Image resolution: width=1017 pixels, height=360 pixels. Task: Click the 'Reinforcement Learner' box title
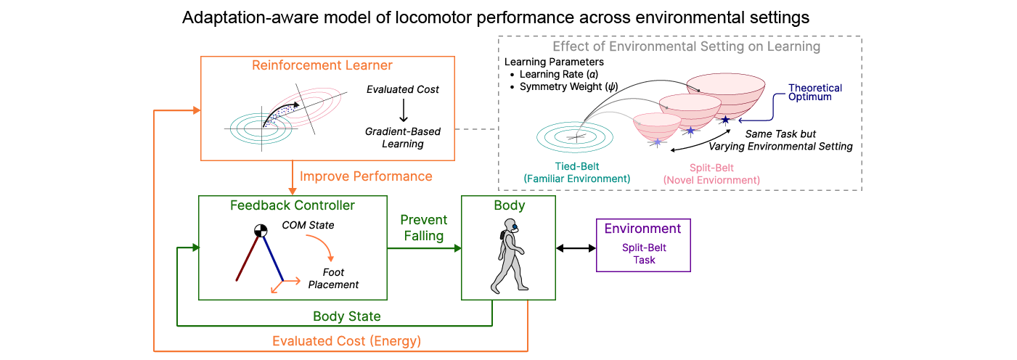pos(322,65)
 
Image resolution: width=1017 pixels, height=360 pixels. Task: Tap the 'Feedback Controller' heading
pos(293,205)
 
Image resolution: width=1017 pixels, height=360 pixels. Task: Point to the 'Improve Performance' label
pos(366,176)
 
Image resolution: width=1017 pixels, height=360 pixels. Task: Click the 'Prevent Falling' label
pos(424,227)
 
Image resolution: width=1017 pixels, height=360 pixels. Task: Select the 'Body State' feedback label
pos(347,316)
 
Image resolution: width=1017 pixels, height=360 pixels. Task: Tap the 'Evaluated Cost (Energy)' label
pos(346,341)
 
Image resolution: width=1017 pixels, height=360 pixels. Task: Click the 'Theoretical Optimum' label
pos(815,92)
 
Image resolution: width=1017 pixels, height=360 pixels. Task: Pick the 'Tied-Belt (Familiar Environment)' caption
pos(577,173)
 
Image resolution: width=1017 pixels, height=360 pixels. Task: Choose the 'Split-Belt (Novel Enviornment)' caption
pos(711,173)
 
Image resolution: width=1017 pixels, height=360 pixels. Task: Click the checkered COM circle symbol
pos(261,232)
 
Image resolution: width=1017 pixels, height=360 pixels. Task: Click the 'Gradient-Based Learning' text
pos(403,137)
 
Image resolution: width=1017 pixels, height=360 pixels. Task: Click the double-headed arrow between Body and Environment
pos(576,248)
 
